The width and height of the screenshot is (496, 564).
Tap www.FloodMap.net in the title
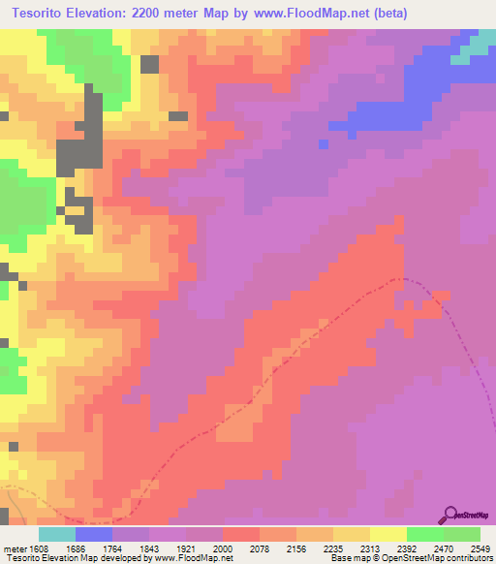pyautogui.click(x=305, y=14)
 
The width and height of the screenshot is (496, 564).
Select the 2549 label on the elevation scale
pyautogui.click(x=481, y=548)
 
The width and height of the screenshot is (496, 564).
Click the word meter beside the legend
pyautogui.click(x=14, y=548)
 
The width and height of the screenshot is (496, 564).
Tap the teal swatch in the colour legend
pyautogui.click(x=57, y=534)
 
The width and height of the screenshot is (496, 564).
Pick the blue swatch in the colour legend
pyautogui.click(x=94, y=534)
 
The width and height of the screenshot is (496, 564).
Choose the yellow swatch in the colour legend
pyautogui.click(x=388, y=534)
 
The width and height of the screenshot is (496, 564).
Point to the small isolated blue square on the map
pyautogui.click(x=324, y=143)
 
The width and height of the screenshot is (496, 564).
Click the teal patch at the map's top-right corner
pyautogui.click(x=478, y=45)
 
